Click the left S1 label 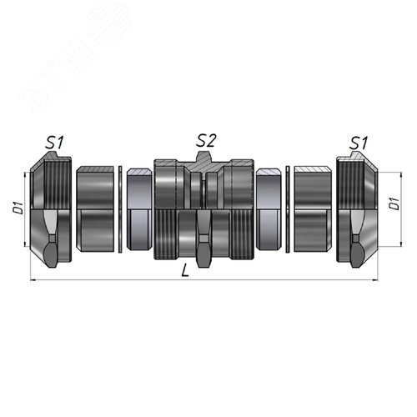coord(54,143)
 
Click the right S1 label coord(359,143)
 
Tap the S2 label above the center coord(206,140)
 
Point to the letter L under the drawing coord(185,270)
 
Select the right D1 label coord(394,203)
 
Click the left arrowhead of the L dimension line coord(33,280)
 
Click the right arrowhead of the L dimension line coord(375,280)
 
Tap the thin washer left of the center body coord(120,209)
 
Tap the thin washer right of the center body coord(288,209)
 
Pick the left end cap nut coord(51,209)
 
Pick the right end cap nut coord(357,209)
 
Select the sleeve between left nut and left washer coord(95,209)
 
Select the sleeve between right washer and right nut coord(313,209)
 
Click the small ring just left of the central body coord(139,209)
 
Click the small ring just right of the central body coord(269,209)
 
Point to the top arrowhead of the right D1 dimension coord(401,175)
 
